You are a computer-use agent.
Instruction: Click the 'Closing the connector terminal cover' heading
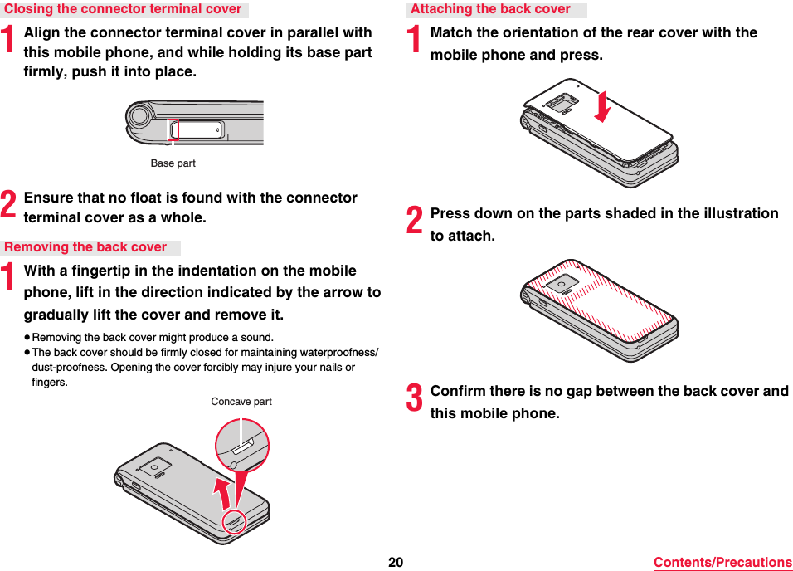(x=123, y=10)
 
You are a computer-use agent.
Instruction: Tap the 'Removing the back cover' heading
(x=85, y=247)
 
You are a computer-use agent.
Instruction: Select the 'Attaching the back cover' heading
(x=490, y=10)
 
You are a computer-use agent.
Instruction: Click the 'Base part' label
(x=173, y=163)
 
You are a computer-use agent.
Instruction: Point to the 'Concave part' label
(x=241, y=402)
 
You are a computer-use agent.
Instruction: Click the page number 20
(x=396, y=562)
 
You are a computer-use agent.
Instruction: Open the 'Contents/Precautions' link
(x=722, y=563)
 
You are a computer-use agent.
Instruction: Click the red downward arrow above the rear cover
(x=604, y=105)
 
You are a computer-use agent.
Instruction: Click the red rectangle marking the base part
(x=173, y=129)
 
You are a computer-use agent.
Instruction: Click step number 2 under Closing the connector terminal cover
(x=9, y=206)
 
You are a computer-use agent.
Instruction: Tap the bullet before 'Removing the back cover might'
(x=27, y=338)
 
